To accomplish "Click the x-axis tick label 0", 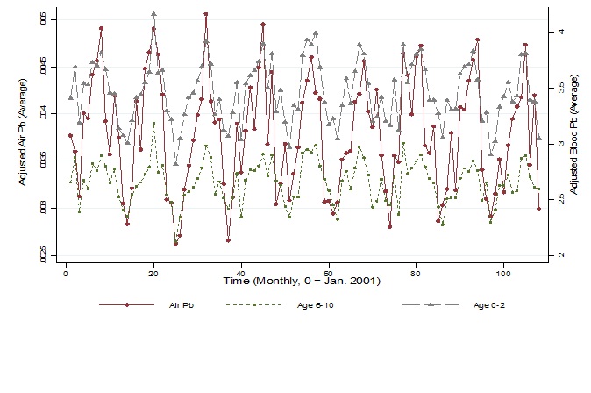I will pyautogui.click(x=66, y=274).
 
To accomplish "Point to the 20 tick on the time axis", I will pyautogui.click(x=153, y=274).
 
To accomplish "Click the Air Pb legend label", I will pyautogui.click(x=182, y=305).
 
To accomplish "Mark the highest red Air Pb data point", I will pyautogui.click(x=205, y=14).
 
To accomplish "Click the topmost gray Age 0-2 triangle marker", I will pyautogui.click(x=153, y=14).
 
